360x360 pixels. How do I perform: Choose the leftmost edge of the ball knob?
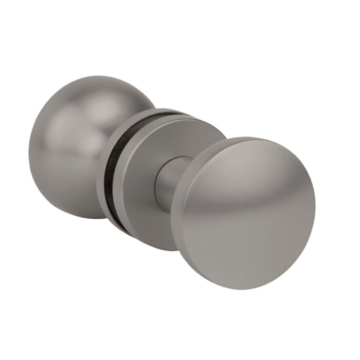(29, 149)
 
